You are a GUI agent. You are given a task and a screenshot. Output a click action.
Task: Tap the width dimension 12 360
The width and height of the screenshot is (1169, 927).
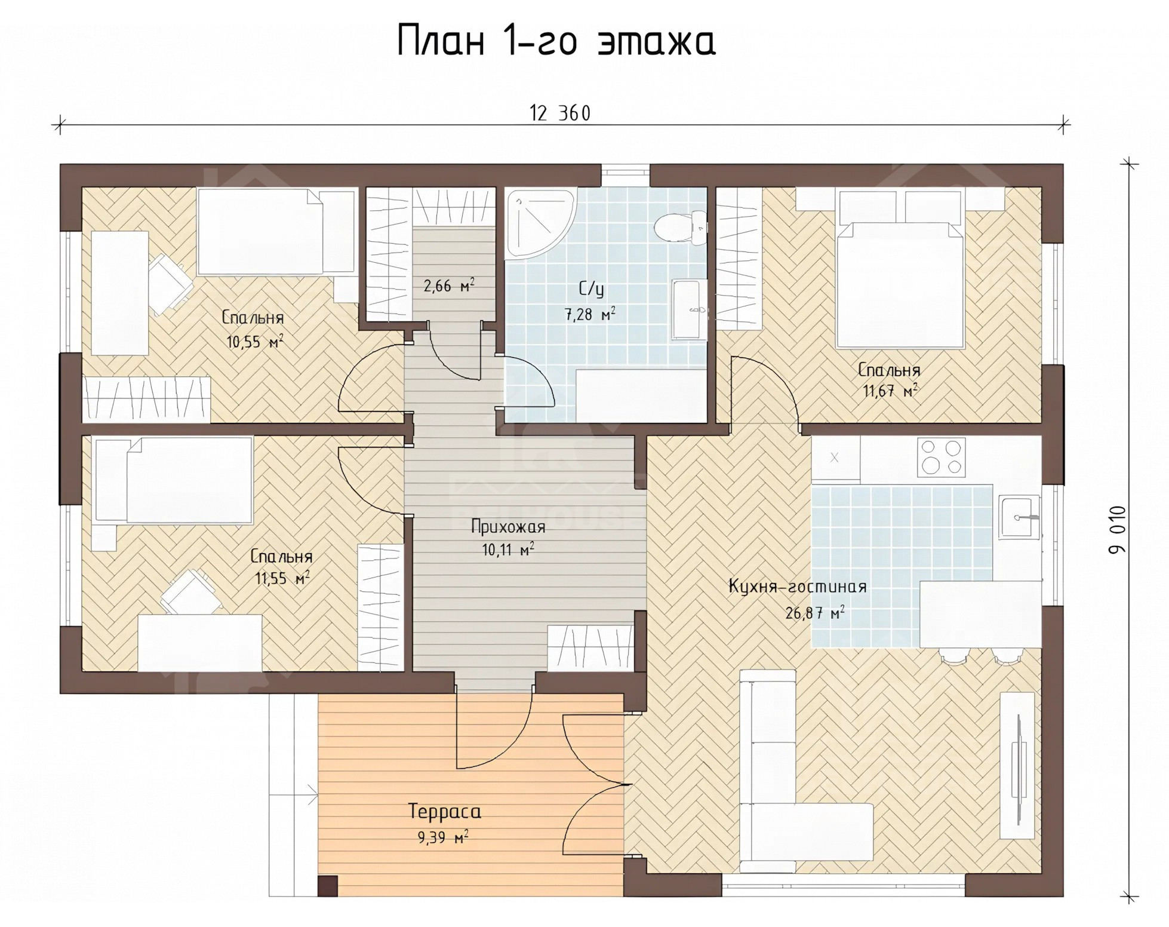(560, 113)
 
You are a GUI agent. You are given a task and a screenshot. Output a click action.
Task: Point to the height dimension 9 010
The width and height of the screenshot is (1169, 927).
(1117, 530)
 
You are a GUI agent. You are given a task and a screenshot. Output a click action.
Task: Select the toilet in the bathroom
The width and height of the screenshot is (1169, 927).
(680, 228)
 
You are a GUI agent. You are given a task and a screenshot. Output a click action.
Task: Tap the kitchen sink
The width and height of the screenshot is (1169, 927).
(1020, 517)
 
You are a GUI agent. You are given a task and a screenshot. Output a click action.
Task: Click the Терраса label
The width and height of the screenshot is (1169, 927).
(445, 812)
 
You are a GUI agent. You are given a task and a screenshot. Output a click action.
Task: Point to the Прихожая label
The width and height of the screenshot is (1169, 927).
(508, 527)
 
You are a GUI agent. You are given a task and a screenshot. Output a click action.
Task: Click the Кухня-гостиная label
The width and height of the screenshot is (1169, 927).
(798, 587)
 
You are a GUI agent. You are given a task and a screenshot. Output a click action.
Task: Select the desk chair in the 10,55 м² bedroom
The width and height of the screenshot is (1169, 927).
(168, 283)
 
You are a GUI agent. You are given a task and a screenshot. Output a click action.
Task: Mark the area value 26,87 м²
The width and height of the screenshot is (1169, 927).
(815, 613)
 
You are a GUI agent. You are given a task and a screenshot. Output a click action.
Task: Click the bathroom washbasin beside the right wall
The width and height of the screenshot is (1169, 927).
(690, 309)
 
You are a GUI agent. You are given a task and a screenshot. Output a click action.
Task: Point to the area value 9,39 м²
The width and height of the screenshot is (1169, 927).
(443, 838)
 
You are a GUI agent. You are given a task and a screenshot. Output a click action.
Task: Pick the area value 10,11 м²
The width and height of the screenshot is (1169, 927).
(508, 550)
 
